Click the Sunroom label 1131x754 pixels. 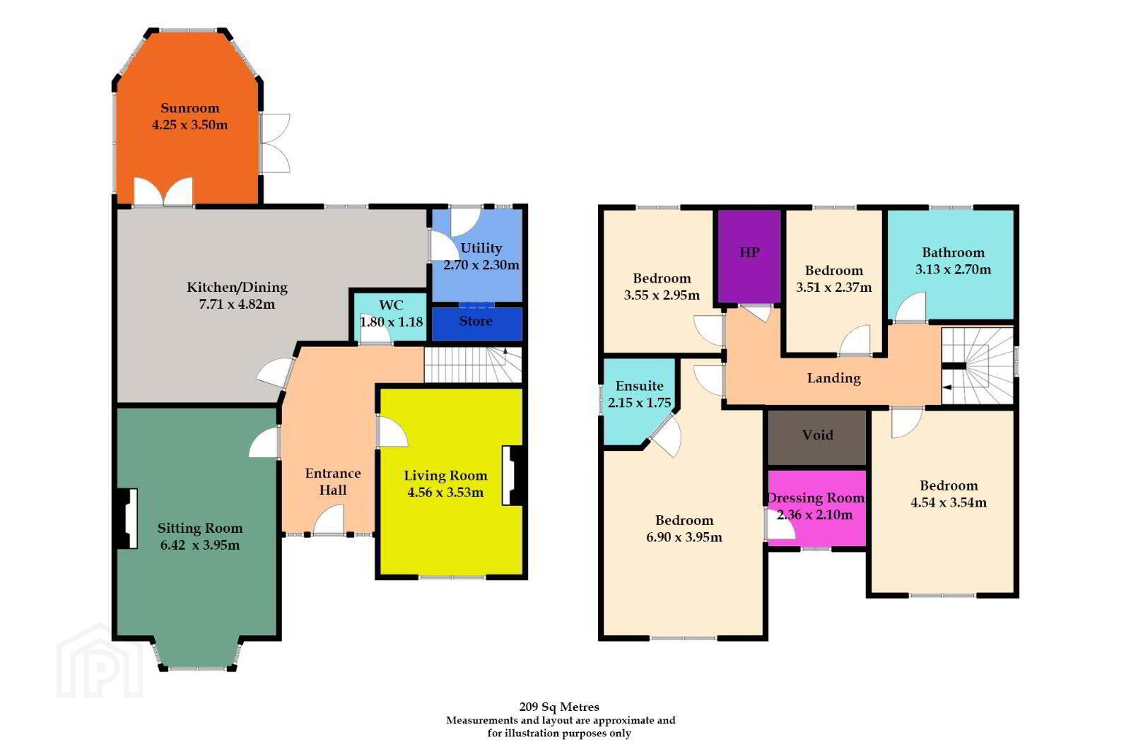point(190,108)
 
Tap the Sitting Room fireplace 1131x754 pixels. point(127,518)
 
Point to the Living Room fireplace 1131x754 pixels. point(512,476)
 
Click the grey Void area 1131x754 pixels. point(817,437)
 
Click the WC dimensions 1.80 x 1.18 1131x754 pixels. point(392,322)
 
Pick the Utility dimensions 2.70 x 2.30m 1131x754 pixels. point(481,265)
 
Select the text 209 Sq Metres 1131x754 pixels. point(559,707)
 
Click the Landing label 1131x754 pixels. point(833,378)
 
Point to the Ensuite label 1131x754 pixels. point(639,386)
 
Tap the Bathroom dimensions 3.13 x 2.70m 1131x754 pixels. point(953,269)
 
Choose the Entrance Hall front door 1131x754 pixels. point(329,520)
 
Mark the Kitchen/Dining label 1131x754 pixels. point(237,288)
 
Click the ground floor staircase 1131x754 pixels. point(473,365)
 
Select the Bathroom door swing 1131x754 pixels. point(911,307)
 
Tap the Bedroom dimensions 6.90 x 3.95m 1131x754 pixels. point(684,537)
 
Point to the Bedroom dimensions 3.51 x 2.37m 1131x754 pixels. point(833,288)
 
